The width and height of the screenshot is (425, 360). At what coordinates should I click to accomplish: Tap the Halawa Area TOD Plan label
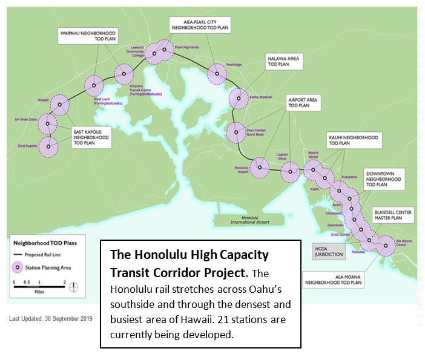coord(284,63)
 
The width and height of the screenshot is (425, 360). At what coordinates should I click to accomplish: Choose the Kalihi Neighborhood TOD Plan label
coord(354,140)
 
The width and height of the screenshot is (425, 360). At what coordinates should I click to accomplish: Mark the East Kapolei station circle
coord(48,146)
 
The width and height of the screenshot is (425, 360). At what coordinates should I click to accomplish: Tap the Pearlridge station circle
coord(217,74)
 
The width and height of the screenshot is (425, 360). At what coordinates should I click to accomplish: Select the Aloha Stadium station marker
coord(239,99)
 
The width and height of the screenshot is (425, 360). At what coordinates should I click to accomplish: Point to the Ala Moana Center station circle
coord(385,246)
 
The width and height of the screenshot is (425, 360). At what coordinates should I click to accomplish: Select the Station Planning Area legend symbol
coord(18,267)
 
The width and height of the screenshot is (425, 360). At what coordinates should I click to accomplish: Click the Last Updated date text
coord(50,318)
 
